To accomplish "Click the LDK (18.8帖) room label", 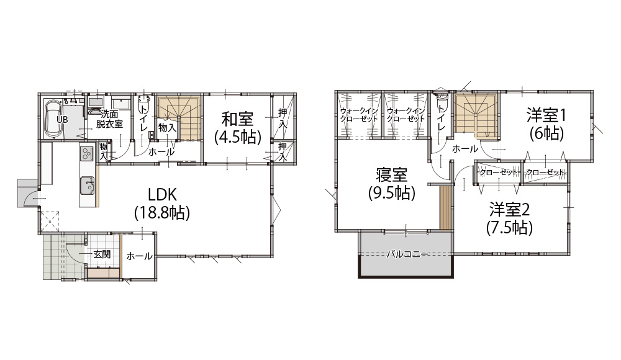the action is click(162, 204).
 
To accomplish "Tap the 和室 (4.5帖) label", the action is click(238, 127).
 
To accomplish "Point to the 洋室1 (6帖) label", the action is click(546, 124).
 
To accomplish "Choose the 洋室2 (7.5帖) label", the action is click(509, 218).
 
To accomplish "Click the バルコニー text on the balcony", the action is click(407, 254).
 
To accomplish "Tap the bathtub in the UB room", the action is click(52, 118).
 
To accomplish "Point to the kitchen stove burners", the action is click(87, 153).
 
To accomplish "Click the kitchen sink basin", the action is click(87, 186).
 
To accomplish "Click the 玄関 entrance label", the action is click(102, 254).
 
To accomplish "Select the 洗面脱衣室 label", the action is click(110, 119).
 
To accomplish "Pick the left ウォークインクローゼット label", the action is click(359, 114).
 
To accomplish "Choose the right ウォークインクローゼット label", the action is click(406, 114).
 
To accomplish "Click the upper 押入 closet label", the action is click(283, 117).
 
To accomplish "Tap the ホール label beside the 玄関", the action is click(139, 256).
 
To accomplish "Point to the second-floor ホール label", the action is click(465, 149).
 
